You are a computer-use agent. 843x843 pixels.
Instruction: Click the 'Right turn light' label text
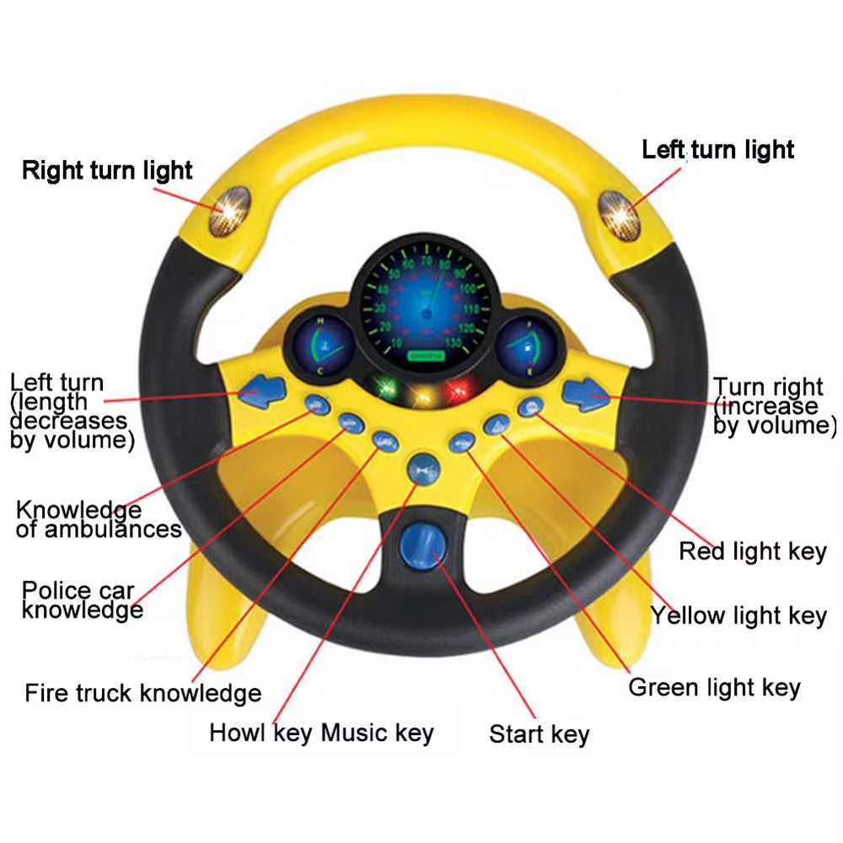107,170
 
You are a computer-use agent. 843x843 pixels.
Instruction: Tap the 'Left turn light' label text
717,150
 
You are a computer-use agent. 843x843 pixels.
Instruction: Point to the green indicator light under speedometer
387,389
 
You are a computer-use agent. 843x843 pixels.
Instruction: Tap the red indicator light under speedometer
460,389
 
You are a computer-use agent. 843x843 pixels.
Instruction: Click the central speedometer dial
421,304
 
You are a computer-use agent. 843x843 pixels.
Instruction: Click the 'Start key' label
539,733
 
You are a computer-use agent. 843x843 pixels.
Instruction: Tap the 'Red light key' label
752,552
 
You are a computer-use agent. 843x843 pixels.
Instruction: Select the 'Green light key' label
714,687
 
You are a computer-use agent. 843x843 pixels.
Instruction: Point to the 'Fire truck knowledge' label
142,693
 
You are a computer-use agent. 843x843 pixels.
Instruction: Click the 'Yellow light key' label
738,615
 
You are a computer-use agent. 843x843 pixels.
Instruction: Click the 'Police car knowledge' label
82,599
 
